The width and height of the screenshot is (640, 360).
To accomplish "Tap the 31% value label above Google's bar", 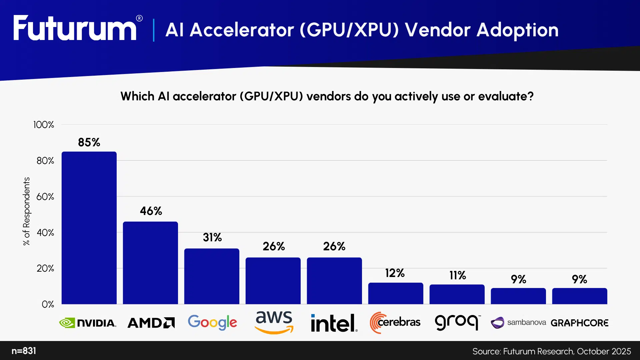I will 212,237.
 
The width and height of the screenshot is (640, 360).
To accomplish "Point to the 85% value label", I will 89,142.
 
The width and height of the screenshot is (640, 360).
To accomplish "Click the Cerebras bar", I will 396,293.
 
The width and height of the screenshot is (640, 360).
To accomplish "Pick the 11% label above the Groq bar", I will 457,275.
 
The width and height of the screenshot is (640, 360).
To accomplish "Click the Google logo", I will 212,322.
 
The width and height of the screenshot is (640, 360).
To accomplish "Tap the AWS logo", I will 274,322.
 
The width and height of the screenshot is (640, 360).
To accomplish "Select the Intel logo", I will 334,323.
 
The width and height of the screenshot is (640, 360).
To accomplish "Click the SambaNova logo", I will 518,322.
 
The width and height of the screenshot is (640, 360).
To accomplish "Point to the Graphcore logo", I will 579,323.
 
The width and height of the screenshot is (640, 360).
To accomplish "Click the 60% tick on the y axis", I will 45,197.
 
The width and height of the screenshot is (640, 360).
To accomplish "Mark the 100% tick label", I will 44,125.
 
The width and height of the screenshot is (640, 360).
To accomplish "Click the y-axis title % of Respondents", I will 26,211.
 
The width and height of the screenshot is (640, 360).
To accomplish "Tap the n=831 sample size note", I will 24,351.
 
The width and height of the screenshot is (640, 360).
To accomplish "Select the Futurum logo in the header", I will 75,29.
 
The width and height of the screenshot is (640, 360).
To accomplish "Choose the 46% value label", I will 151,211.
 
